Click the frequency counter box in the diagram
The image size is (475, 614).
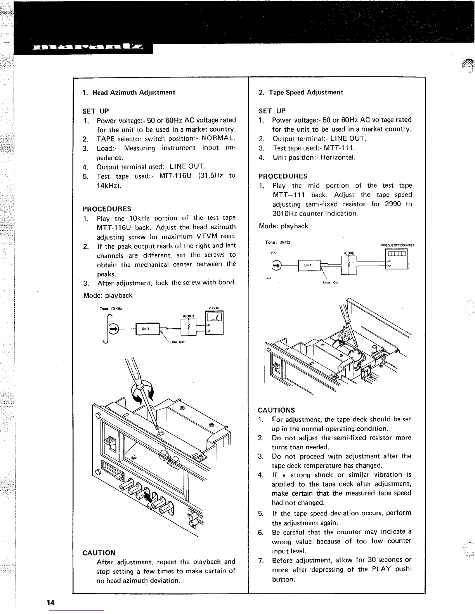coord(395,259)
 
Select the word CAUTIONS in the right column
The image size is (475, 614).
coord(276,410)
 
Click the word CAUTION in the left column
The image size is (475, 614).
coord(99,553)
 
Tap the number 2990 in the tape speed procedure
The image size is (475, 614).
coord(393,204)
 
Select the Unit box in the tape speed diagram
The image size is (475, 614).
coord(308,265)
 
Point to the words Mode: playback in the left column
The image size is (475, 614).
coord(108,295)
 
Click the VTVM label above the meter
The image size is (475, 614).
coord(214,308)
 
